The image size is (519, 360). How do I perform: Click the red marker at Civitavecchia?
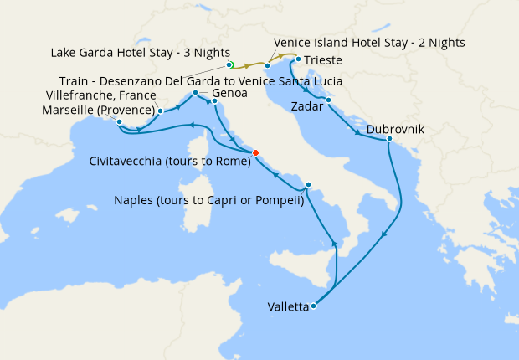pos(256,152)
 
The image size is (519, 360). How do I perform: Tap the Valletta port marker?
pos(313,306)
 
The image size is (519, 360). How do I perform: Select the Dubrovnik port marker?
pos(389,139)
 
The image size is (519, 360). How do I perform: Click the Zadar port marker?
pos(328,100)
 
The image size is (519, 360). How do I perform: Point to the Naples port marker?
pos(308,185)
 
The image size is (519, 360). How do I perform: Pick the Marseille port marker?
pos(119,122)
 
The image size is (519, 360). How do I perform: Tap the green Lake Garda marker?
pos(229,64)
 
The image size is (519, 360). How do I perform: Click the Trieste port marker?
pos(295,59)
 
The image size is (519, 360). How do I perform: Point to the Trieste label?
pos(322,60)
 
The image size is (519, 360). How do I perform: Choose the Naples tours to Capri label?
pos(208,198)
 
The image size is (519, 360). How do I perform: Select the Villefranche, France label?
pos(108,95)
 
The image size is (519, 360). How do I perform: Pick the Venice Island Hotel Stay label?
pos(369,42)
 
